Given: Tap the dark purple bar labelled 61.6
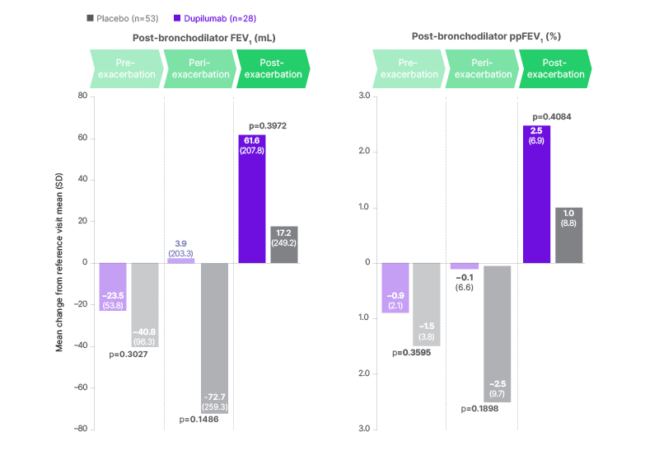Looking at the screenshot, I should (x=252, y=199).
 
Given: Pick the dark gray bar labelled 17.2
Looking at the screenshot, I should (x=284, y=244).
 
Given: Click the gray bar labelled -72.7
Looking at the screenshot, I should (x=214, y=338).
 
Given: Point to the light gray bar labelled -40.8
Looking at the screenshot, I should (x=146, y=304).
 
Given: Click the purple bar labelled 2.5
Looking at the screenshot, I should (x=536, y=194).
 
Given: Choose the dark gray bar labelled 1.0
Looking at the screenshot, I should (x=568, y=235).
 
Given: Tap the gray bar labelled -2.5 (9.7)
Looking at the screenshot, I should (x=498, y=334).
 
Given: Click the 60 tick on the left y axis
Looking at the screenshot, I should (x=82, y=138).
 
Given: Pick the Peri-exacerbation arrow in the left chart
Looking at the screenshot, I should (x=199, y=68).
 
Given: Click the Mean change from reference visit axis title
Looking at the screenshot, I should (x=60, y=262).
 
